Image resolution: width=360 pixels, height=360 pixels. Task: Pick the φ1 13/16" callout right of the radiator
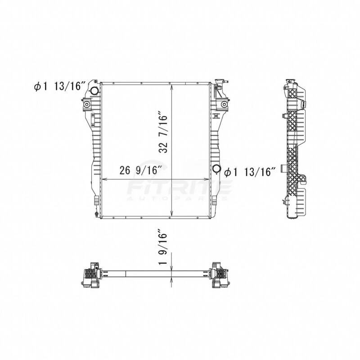(x=249, y=171)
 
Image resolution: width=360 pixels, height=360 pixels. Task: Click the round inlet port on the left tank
(x=95, y=91)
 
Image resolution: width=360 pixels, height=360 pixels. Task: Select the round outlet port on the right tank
(x=217, y=169)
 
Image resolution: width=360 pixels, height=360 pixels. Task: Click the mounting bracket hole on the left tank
(x=87, y=105)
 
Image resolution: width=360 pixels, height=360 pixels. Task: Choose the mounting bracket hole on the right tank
(x=223, y=105)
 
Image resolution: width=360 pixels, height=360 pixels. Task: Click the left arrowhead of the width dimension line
(x=103, y=179)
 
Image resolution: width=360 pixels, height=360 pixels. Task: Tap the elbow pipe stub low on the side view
(x=283, y=169)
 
